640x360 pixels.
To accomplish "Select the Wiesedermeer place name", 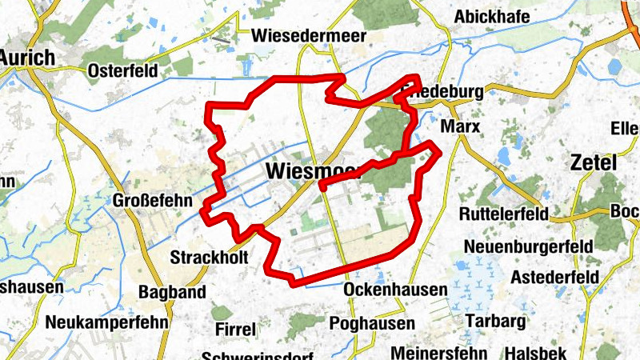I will (308, 36).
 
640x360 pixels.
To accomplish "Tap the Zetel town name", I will (594, 163).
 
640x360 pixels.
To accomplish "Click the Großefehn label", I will (154, 201).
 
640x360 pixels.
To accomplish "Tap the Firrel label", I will (235, 329).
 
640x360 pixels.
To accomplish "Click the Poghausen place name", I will (372, 323).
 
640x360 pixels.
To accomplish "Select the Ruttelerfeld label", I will (504, 214).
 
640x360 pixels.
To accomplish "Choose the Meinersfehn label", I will (439, 352).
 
